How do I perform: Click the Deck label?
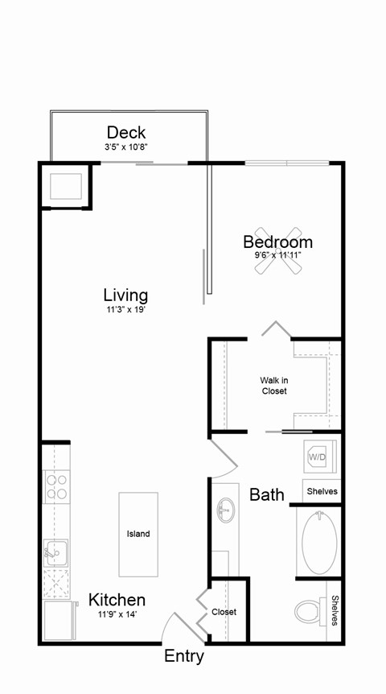pos(126,133)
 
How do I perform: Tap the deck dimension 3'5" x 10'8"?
pos(126,147)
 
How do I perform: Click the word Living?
pos(125,295)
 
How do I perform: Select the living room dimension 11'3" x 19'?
pos(125,309)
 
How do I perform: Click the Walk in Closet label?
pos(273,386)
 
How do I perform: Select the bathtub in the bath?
pos(319,542)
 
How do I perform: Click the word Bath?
pos(266,494)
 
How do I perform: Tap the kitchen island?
pos(138,534)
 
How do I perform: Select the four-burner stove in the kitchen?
pos(55,487)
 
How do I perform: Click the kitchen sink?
pos(55,552)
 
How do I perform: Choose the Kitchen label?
pos(117,600)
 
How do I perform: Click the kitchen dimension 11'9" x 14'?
pos(117,614)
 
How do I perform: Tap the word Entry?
pos(184,657)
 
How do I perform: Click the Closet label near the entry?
pos(224,612)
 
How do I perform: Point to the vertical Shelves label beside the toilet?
pos(333,611)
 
